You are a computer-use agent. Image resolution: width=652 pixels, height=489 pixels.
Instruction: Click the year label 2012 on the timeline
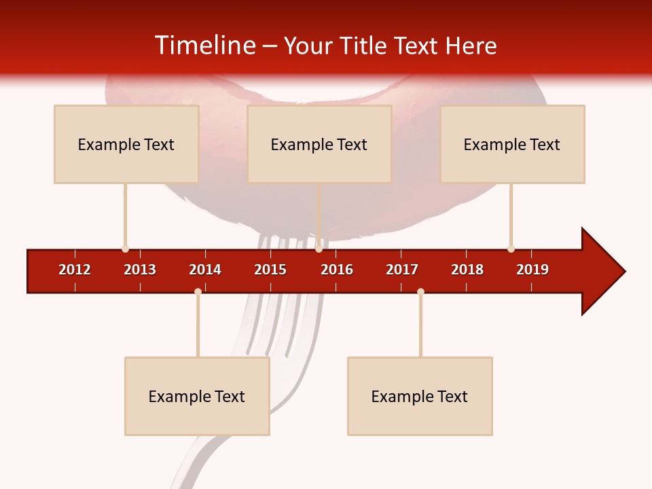click(x=75, y=270)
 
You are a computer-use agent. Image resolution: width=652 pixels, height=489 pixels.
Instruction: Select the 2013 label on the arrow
click(x=140, y=270)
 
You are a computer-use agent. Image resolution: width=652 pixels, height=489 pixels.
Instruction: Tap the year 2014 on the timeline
click(x=205, y=270)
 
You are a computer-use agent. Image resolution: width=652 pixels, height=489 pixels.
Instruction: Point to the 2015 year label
click(x=270, y=270)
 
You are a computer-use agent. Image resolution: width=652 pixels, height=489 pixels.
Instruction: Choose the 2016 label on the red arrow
click(x=337, y=270)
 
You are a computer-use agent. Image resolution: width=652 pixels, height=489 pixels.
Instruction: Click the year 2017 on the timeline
click(x=402, y=270)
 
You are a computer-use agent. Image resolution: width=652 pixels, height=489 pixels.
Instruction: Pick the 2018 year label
click(x=467, y=270)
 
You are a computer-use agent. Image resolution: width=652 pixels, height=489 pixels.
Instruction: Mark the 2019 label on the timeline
click(x=532, y=270)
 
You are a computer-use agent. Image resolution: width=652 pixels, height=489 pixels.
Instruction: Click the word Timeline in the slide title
click(x=204, y=46)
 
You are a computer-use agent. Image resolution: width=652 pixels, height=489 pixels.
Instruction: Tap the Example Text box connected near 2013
click(x=126, y=144)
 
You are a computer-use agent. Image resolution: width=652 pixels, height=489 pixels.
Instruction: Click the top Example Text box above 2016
click(x=319, y=144)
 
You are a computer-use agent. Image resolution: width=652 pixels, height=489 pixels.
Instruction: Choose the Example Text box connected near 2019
click(x=512, y=144)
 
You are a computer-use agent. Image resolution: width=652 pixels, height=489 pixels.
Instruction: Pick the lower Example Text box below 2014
click(x=197, y=396)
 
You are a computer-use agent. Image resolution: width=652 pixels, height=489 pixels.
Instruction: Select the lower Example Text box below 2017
click(x=420, y=396)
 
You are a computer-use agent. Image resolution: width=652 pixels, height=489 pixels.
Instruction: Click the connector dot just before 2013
click(x=125, y=249)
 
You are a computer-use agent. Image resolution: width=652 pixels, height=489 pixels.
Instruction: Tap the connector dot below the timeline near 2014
click(x=198, y=291)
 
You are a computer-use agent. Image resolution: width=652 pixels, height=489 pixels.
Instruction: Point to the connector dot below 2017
click(x=420, y=291)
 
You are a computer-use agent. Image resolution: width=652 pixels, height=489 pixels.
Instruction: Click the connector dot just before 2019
click(x=511, y=249)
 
